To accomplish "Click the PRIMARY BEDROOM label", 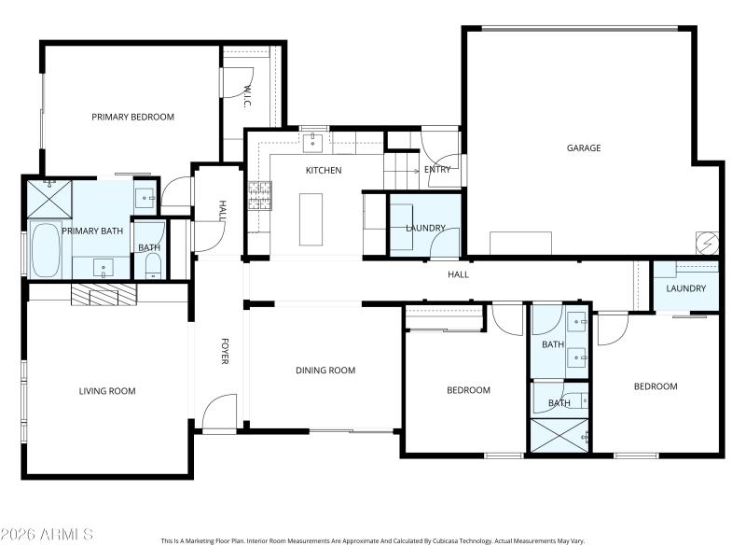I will [x=132, y=117].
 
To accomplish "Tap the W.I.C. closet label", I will [x=248, y=96].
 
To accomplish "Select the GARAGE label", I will [x=584, y=147].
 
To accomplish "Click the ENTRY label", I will [x=437, y=170].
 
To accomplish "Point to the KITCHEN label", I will [x=324, y=171].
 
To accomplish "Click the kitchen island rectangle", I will [x=311, y=219].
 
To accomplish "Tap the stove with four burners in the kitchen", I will [x=258, y=195].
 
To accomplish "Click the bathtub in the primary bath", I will [x=45, y=250].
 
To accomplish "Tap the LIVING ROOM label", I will [x=106, y=391].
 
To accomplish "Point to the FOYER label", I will [x=224, y=350].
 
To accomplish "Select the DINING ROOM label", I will [x=325, y=371].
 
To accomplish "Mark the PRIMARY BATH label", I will [x=92, y=231].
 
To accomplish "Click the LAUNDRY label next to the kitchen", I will [x=425, y=228].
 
